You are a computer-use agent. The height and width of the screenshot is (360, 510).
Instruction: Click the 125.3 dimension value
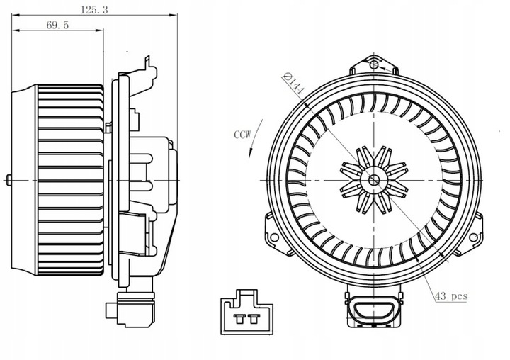90,9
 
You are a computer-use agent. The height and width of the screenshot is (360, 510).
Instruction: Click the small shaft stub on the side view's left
8,179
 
